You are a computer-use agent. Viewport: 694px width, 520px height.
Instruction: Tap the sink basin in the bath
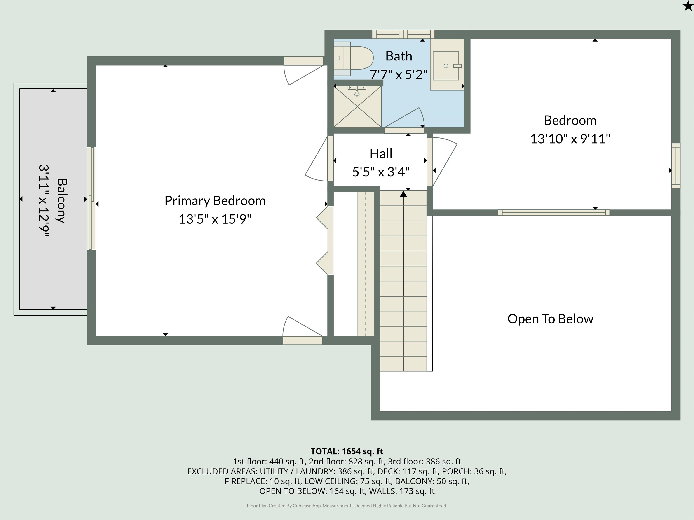click(446, 66)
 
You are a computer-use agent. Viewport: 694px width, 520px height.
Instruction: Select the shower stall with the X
click(357, 107)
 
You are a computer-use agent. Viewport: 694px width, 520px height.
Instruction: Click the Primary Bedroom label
click(215, 201)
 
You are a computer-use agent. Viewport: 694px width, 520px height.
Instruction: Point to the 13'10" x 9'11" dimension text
click(570, 139)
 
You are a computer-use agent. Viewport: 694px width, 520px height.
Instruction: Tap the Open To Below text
click(550, 319)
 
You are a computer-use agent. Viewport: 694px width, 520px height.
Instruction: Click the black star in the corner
click(687, 5)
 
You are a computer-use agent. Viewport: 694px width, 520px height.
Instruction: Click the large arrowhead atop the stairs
click(403, 194)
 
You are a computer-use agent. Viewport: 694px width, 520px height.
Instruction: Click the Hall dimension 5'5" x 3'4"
click(381, 172)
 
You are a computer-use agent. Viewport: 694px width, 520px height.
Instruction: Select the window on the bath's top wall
click(403, 34)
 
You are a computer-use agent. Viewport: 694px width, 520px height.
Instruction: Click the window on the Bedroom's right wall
click(676, 166)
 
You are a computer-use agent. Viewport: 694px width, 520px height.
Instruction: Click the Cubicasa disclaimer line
click(347, 506)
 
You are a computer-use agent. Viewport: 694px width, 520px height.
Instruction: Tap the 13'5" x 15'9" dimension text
click(215, 219)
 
